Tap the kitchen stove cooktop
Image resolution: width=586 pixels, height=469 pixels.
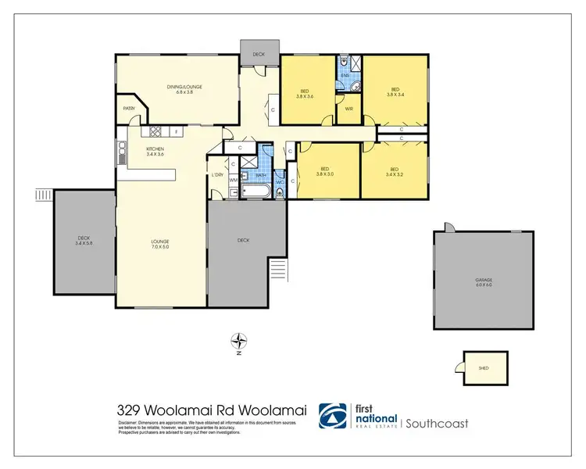[x=155, y=132]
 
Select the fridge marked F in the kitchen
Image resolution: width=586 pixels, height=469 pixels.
[x=177, y=132]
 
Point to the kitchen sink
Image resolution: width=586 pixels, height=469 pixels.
[x=122, y=150]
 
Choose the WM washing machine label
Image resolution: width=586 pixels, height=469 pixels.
[x=234, y=180]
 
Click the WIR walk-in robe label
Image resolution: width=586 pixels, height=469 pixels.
[x=349, y=109]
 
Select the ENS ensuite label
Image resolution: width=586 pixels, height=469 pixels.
[x=344, y=76]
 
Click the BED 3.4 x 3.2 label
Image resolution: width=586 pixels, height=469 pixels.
[x=395, y=171]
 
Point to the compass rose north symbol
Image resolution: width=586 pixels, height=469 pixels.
[x=239, y=341]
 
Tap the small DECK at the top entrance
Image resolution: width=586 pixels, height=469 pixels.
[x=259, y=54]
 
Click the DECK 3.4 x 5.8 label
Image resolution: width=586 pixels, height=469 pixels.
[x=84, y=241]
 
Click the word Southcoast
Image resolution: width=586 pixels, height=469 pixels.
[x=437, y=423]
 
